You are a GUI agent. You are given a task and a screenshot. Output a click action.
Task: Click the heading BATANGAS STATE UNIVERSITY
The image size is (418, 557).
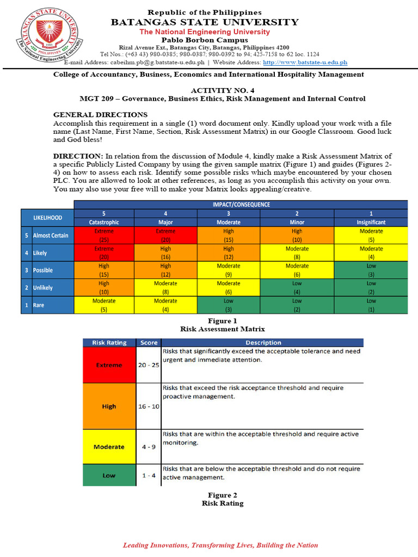point(205,22)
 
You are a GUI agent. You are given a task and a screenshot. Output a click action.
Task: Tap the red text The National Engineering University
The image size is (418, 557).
point(205,32)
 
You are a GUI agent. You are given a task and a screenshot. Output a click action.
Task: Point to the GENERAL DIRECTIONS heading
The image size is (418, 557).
point(100,115)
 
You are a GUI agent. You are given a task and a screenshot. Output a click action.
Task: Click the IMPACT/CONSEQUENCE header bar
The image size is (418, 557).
point(240,205)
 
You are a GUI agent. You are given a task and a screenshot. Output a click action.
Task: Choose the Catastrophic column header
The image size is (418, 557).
point(104,222)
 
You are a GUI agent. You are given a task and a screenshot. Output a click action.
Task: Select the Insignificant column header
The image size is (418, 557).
point(371,222)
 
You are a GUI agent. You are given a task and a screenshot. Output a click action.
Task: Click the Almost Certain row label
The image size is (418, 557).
point(51,236)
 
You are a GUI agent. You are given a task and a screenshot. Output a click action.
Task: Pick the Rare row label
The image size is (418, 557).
point(39,305)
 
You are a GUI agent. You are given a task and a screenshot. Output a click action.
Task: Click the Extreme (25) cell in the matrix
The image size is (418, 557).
point(104,235)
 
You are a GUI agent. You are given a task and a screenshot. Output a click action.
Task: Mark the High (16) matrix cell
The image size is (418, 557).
point(166,252)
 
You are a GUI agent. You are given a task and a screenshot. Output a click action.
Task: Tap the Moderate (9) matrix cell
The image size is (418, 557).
point(228,270)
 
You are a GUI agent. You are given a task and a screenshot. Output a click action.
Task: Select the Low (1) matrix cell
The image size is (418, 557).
point(371,305)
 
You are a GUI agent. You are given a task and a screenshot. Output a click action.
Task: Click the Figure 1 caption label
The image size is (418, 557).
point(223,321)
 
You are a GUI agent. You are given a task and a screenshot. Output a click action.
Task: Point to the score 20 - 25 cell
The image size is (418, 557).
point(148,365)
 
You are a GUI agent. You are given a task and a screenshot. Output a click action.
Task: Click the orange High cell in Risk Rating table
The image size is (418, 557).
point(109,406)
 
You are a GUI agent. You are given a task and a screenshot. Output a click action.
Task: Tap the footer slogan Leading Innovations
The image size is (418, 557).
point(220,545)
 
